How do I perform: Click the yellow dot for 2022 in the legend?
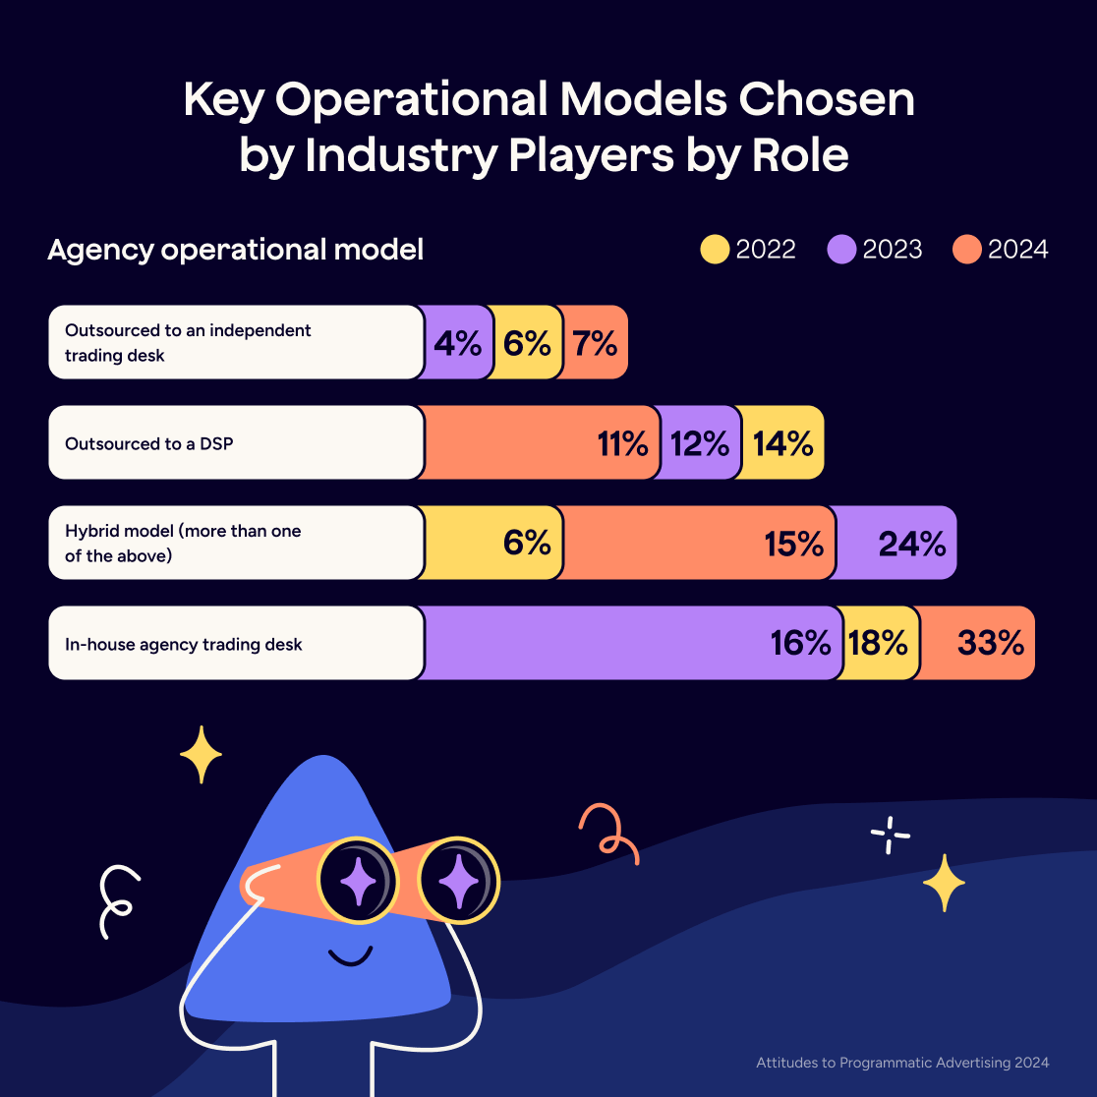715,250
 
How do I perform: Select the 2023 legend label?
893,250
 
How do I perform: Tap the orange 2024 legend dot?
967,250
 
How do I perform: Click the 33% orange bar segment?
978,643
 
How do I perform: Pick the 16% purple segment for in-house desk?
634,643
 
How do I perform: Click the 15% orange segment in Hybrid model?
698,543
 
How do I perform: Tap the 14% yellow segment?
782,442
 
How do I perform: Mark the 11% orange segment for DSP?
541,442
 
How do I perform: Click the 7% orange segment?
594,342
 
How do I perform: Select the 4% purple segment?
457,342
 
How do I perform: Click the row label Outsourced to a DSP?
149,443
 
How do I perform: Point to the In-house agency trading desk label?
184,645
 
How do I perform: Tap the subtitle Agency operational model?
236,250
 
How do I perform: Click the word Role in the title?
800,156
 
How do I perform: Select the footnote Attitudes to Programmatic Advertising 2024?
902,1063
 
